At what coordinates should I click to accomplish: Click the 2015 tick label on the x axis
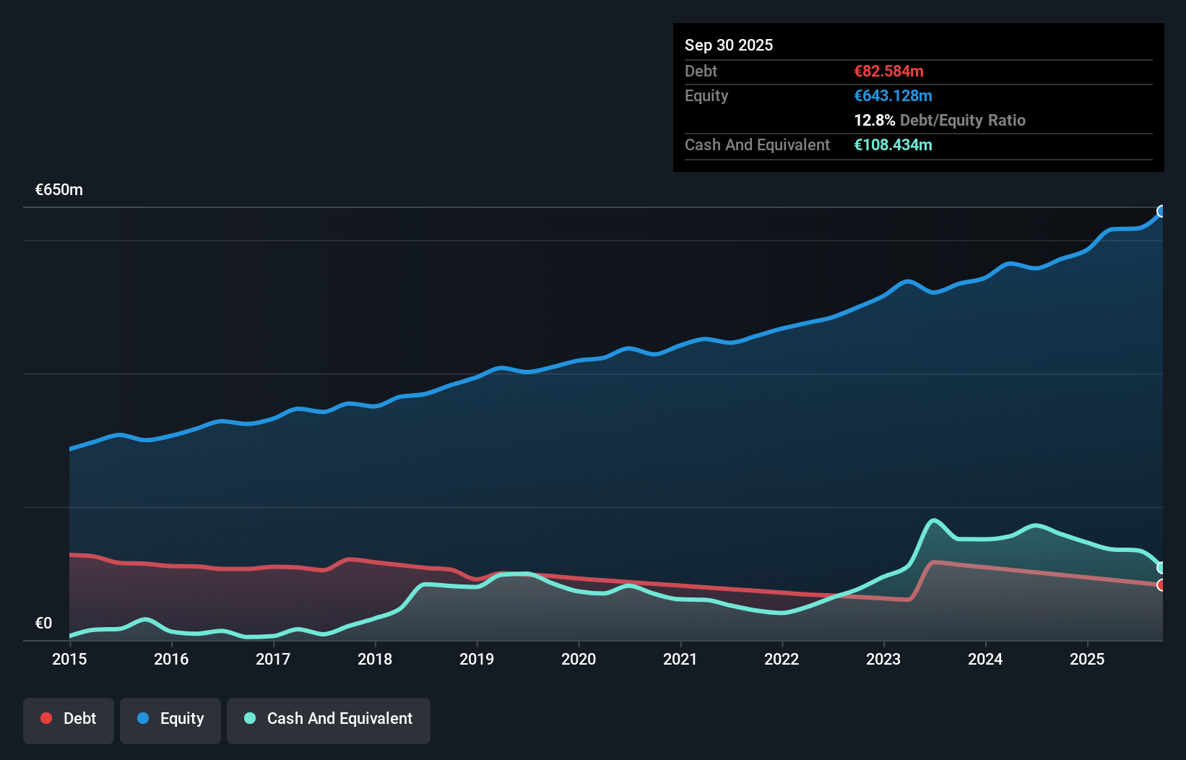coord(69,659)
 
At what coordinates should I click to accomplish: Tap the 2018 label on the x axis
coord(375,659)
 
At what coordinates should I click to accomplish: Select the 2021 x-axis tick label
coord(680,659)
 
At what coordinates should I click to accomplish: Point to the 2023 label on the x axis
coord(883,659)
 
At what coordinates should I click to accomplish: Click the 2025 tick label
coord(1087,659)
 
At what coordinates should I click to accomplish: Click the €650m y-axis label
coord(59,190)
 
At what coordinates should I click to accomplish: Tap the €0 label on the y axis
coord(43,623)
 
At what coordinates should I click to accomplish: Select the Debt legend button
coord(69,719)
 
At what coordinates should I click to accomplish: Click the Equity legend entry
coord(170,719)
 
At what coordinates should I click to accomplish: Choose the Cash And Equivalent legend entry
coord(329,719)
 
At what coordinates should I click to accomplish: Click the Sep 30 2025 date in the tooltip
coord(729,46)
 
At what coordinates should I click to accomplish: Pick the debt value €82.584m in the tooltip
coord(888,72)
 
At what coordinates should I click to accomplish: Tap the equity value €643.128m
coord(893,96)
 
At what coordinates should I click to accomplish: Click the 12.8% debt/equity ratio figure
coord(874,121)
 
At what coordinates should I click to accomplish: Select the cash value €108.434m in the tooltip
coord(893,145)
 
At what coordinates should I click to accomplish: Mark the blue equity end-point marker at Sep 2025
coord(1161,212)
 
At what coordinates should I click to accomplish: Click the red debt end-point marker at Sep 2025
coord(1161,585)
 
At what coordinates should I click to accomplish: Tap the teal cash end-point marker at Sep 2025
coord(1161,568)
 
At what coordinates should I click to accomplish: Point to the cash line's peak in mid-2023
coord(934,520)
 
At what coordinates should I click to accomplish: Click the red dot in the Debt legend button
coord(46,718)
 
